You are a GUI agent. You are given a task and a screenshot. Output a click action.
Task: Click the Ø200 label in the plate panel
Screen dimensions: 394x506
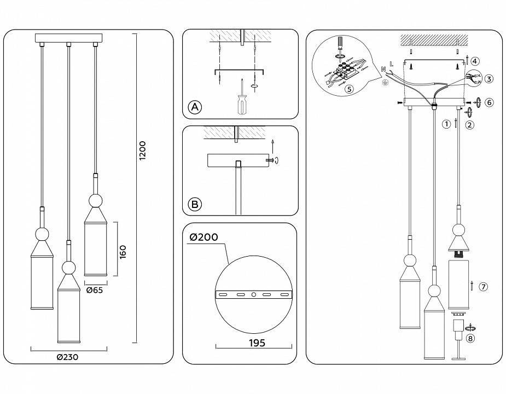coord(203,237)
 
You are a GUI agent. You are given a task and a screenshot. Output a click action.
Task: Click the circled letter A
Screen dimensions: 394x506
coord(194,107)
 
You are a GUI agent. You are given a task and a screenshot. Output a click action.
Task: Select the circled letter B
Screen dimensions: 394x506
coord(194,205)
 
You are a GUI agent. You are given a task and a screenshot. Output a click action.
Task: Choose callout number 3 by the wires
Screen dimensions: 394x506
coord(488,79)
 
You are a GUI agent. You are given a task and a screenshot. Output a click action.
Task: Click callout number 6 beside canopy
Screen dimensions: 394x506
coord(489,102)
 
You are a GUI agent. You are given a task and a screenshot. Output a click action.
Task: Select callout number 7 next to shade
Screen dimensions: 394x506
coord(482,287)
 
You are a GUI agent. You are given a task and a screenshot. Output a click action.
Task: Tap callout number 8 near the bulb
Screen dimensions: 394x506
coord(470,338)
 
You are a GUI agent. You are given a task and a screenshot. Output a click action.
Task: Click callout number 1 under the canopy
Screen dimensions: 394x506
coord(446,124)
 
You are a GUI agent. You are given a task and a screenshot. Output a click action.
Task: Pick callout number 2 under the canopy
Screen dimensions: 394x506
coord(469,124)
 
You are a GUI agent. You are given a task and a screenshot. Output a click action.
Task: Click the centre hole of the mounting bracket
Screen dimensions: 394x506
coord(253,294)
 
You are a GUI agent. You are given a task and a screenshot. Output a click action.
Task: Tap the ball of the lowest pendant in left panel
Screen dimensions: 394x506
coord(68,268)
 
